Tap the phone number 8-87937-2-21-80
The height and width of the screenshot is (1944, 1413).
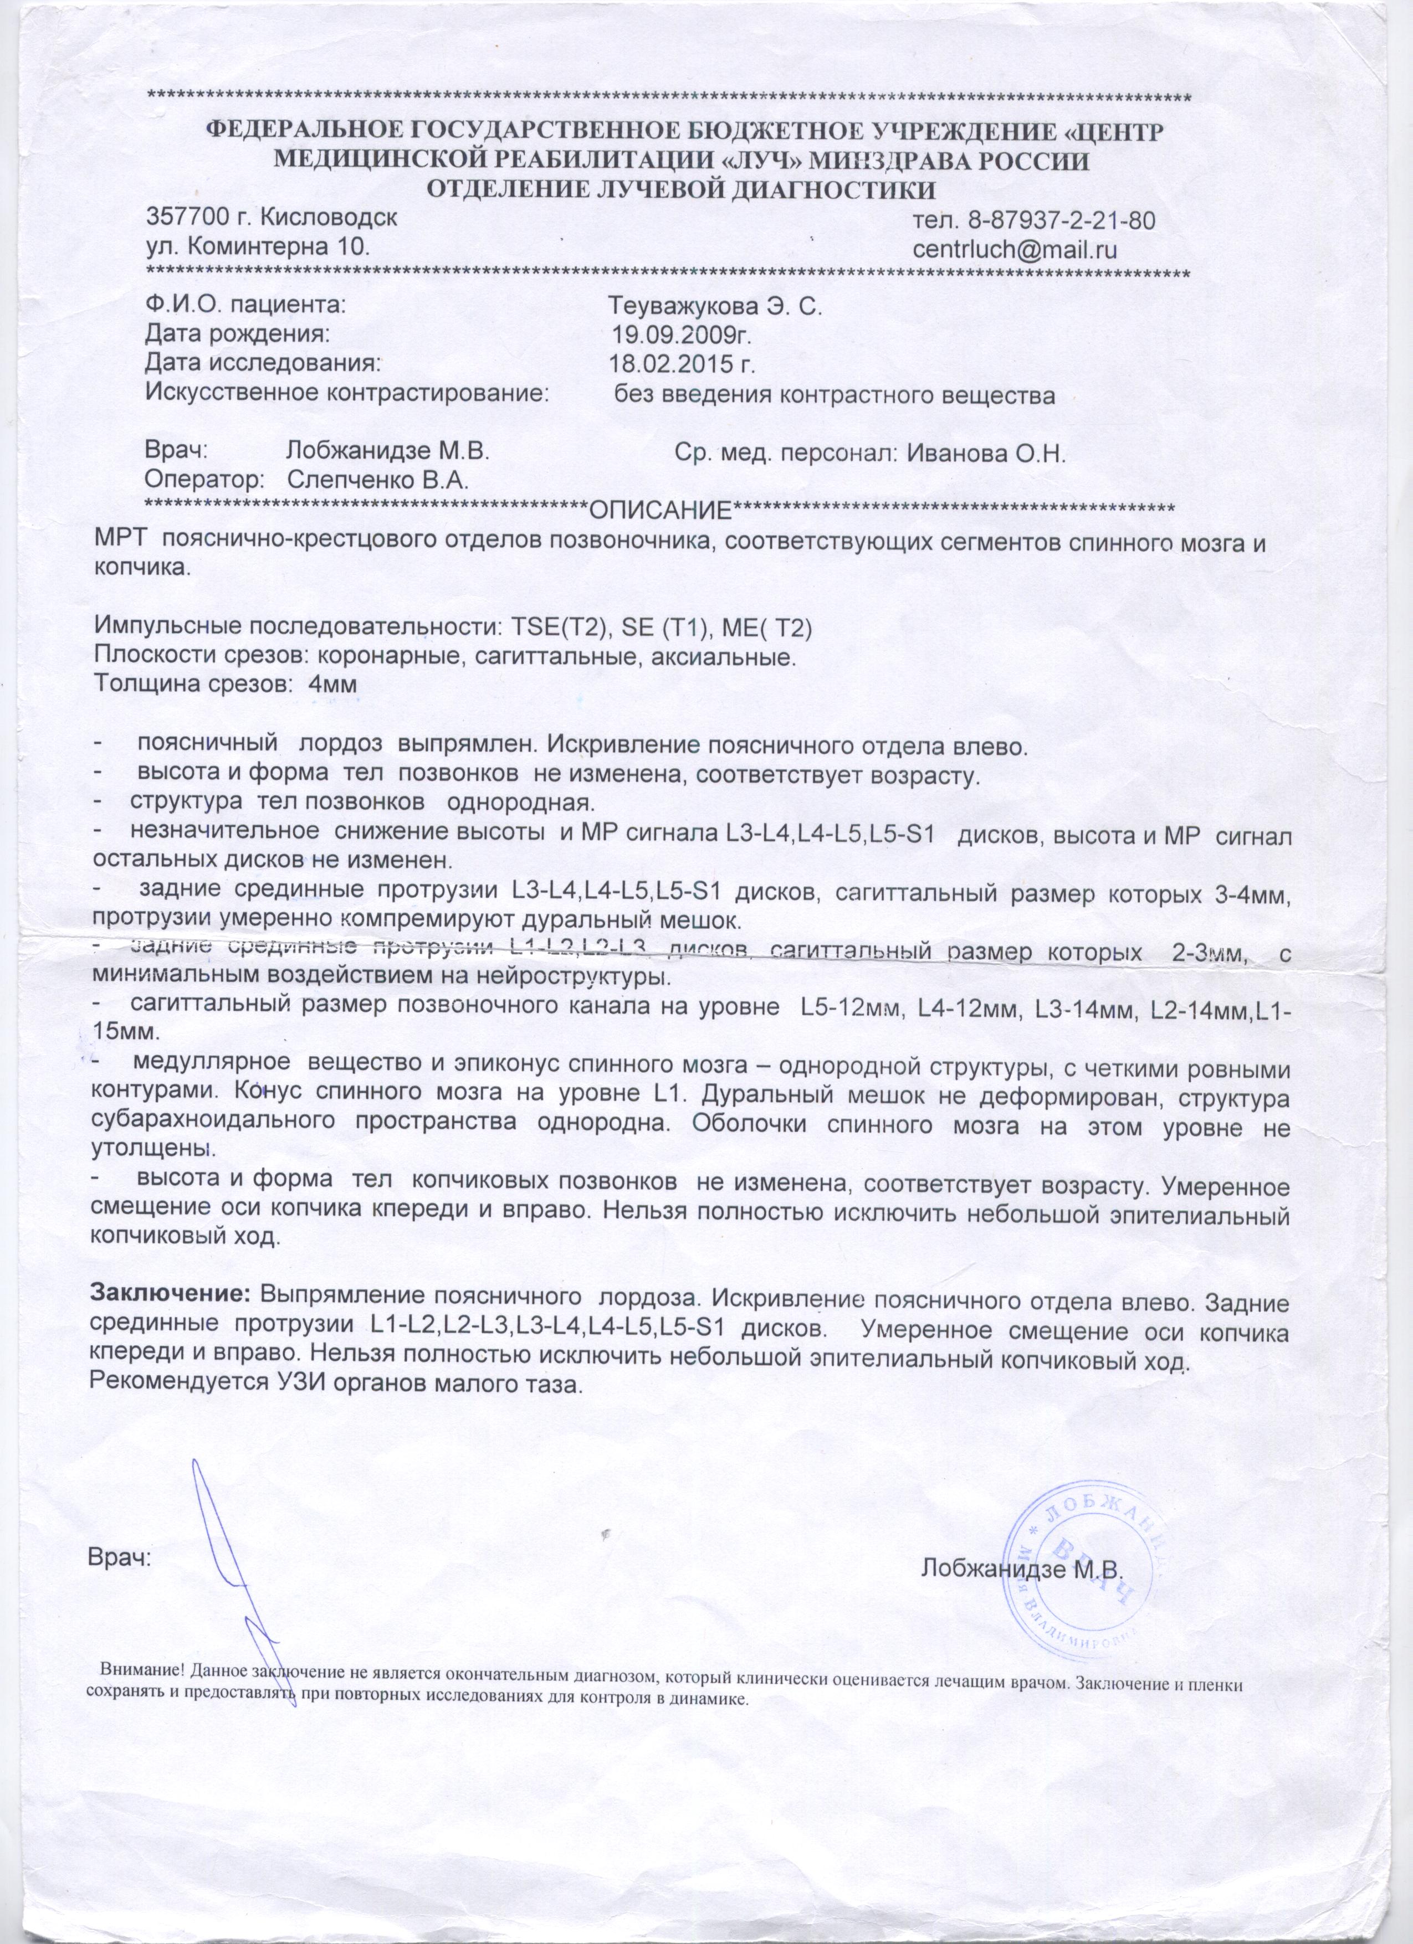point(1062,220)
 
